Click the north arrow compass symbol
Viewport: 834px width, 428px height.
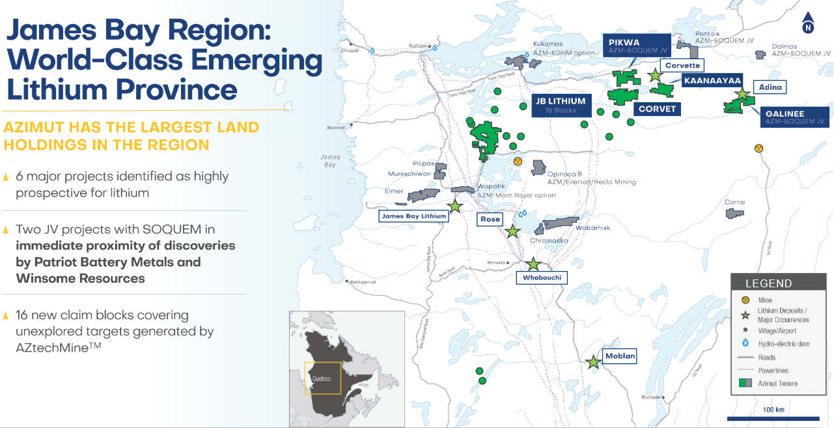click(x=809, y=22)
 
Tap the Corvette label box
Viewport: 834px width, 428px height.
click(x=682, y=65)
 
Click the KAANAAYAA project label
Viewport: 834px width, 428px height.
click(x=712, y=80)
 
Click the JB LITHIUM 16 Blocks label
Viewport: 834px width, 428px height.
click(x=561, y=105)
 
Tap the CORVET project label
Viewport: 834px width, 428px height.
click(x=657, y=109)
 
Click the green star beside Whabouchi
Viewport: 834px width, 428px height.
click(x=533, y=264)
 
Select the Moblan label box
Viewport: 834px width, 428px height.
click(x=619, y=356)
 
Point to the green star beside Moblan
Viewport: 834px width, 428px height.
click(x=593, y=362)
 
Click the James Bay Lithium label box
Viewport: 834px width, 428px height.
click(x=413, y=216)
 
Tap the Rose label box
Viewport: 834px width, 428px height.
click(x=490, y=219)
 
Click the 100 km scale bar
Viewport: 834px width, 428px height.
click(x=773, y=418)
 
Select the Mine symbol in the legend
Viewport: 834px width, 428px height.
click(x=745, y=300)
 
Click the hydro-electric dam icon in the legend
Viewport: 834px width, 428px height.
click(x=745, y=343)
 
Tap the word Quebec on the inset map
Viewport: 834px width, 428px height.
click(x=322, y=378)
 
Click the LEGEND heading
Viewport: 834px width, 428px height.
click(x=768, y=283)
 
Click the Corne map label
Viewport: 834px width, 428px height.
click(x=734, y=203)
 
